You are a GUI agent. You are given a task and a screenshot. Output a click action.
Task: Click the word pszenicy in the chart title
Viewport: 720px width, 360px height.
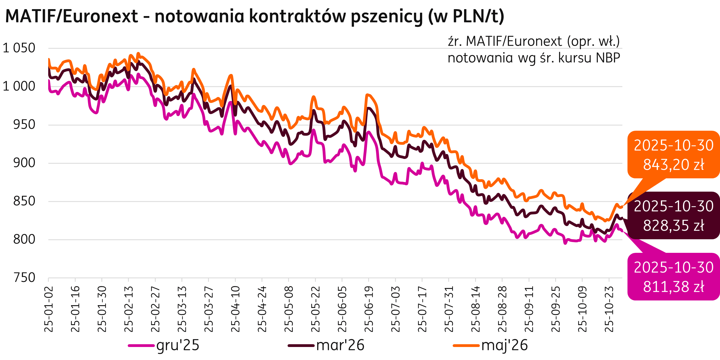coord(386,17)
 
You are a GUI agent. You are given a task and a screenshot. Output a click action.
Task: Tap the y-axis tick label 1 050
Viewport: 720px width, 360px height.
coord(19,48)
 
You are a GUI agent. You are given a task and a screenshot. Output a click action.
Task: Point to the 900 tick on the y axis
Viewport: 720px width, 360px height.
coord(24,163)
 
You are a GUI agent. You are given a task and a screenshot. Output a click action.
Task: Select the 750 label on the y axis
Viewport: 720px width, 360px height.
coord(24,278)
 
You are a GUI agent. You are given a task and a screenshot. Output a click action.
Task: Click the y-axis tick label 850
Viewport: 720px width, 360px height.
coord(24,202)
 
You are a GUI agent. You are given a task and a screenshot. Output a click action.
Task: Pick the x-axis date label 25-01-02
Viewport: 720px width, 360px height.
coord(49,309)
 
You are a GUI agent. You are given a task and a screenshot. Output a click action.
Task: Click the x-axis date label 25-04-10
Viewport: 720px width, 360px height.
coord(236,309)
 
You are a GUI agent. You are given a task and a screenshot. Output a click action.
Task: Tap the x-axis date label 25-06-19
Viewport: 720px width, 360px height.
coord(369,309)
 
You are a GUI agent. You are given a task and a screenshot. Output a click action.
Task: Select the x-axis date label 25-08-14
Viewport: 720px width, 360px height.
coord(475,309)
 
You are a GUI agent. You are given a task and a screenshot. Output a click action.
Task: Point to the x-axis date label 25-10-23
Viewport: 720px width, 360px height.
coord(609,309)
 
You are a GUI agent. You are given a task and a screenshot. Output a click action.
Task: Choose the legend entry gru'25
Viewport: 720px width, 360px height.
coord(178,346)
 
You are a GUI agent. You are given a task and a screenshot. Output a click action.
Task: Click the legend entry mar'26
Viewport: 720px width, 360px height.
coord(340,346)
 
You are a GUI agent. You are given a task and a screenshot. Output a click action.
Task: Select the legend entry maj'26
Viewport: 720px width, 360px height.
coord(504,346)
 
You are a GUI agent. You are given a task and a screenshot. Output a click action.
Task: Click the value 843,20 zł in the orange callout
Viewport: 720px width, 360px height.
coord(674,164)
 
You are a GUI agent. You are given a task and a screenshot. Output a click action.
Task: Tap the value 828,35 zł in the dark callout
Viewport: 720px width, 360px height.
coord(674,226)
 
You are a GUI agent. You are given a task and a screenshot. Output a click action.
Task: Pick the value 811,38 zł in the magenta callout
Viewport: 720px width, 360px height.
coord(674,287)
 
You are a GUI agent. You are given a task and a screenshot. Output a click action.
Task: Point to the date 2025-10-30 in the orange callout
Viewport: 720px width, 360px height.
coord(674,146)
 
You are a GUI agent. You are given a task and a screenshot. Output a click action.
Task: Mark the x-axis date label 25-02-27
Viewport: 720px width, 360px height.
coord(156,309)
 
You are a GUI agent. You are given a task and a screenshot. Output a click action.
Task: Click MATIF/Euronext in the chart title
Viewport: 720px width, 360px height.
coord(71,17)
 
